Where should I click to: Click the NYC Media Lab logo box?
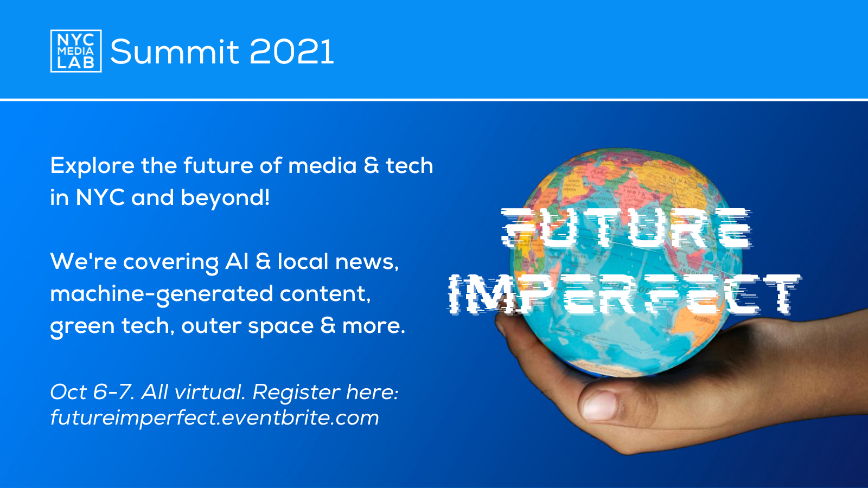[76, 51]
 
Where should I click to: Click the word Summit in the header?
[175, 52]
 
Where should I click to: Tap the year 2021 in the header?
[291, 52]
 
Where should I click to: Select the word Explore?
[92, 166]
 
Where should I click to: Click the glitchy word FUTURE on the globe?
[626, 228]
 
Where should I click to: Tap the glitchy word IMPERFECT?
[624, 294]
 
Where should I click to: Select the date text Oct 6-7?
[92, 392]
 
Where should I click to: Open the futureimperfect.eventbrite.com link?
[215, 418]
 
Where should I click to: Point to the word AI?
[237, 261]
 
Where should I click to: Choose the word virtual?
[210, 392]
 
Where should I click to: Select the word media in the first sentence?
[322, 166]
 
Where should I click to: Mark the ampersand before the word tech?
[371, 166]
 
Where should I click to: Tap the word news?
[367, 262]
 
